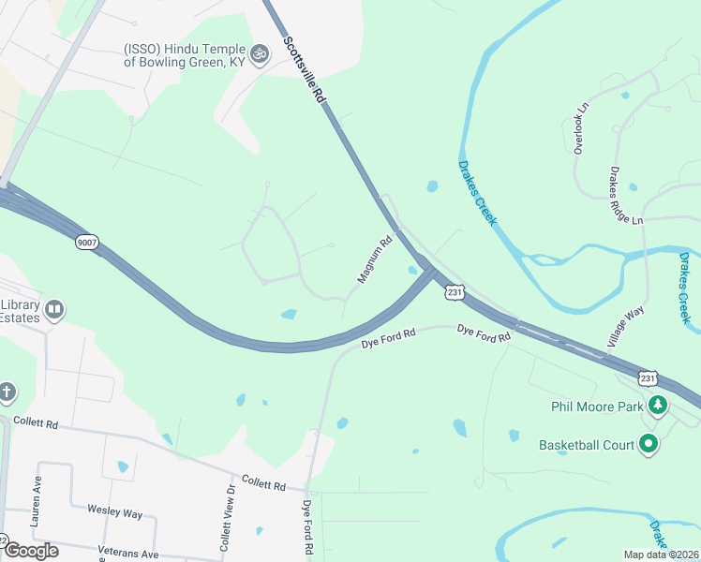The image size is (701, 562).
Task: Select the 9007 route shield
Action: coord(87,243)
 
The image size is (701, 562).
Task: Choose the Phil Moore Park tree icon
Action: coord(659,406)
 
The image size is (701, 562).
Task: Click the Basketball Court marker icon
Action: coord(648,445)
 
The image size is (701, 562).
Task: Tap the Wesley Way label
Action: coord(114,513)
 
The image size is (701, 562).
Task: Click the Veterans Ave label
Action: coord(124,554)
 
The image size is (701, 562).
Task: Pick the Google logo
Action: coord(31,551)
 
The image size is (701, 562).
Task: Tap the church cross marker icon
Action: coord(7,392)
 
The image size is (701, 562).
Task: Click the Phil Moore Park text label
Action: coord(596,407)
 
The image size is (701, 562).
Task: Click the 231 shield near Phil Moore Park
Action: coord(648,377)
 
